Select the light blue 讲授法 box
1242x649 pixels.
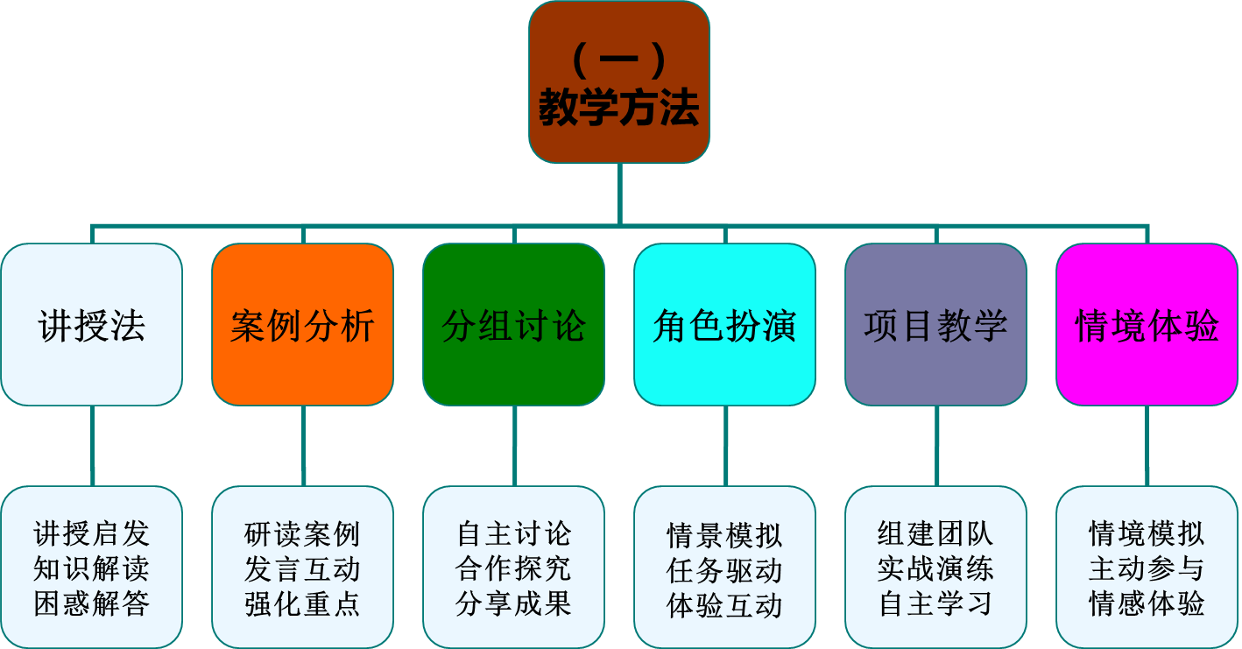point(92,325)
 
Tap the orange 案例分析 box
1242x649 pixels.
point(303,325)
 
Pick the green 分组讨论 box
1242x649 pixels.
point(514,325)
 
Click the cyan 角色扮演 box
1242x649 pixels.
point(725,325)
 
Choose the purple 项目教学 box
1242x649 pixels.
point(935,325)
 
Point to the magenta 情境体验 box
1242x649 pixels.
point(1147,325)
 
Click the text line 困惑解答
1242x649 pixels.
point(92,604)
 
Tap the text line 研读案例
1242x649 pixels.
point(303,533)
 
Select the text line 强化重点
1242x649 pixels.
point(303,604)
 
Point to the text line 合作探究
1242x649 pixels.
point(514,568)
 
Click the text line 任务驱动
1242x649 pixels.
point(725,570)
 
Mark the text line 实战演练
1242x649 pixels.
point(935,568)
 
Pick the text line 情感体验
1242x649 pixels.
point(1147,603)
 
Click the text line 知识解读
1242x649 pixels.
point(92,568)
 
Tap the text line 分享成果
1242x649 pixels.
point(514,603)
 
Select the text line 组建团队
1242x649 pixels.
point(935,533)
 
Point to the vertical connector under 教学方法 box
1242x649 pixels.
point(619,194)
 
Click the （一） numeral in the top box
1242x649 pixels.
point(619,61)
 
